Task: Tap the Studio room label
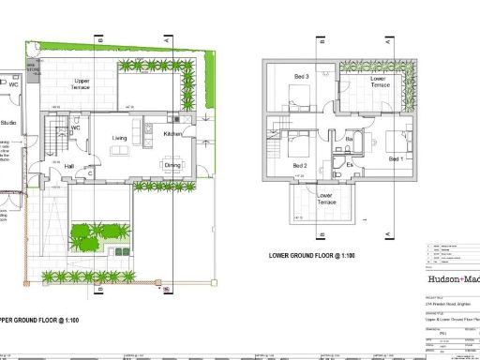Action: (8, 122)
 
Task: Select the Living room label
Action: (120, 138)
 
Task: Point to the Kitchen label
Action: (174, 134)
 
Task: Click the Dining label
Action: (172, 165)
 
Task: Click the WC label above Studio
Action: (13, 83)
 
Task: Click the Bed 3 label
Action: (301, 76)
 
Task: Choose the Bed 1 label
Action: (397, 159)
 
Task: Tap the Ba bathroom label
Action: (349, 140)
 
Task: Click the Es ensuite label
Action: (349, 165)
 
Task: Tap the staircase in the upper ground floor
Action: (54, 141)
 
